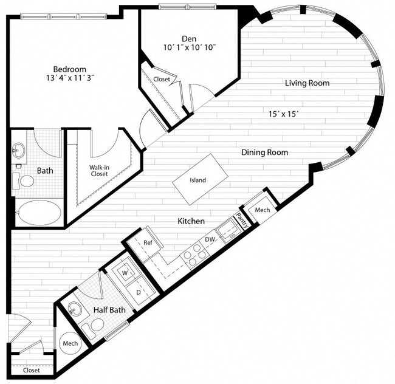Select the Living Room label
pos(307,83)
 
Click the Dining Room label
pos(264,153)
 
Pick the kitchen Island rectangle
pos(197,180)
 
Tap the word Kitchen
pos(191,221)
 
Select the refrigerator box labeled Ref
pos(148,242)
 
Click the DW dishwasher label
pos(210,240)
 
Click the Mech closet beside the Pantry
pos(262,210)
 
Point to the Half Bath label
pos(109,310)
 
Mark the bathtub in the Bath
pos(38,213)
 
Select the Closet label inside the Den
pos(162,79)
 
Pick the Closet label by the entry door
pos(31,369)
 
